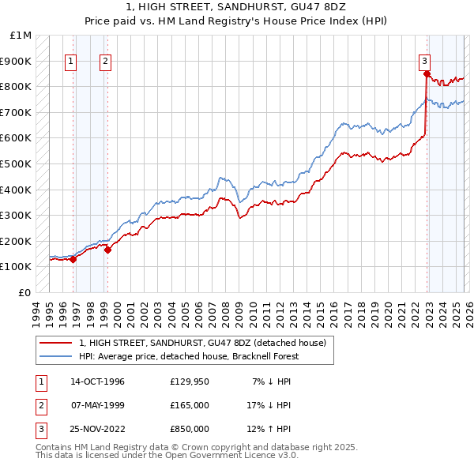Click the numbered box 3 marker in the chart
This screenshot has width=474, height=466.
point(424,60)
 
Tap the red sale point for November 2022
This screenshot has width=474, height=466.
point(427,74)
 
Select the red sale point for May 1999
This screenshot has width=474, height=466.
point(107,250)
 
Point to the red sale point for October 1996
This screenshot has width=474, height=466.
point(73,259)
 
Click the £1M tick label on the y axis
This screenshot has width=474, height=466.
point(21,36)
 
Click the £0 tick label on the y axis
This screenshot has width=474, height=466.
point(25,292)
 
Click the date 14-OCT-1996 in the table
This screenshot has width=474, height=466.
point(97,382)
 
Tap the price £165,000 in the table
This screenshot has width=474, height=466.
point(190,405)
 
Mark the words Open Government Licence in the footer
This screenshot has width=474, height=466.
point(237,455)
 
